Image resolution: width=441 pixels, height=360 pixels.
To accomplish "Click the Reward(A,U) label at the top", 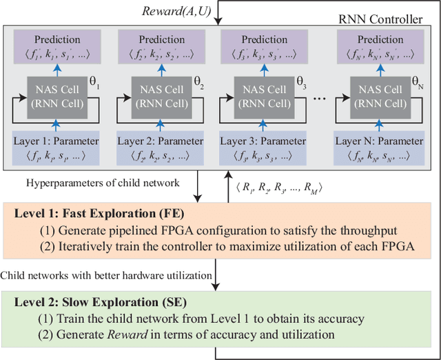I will point(175,10).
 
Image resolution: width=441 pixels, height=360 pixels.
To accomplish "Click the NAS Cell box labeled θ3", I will point(265,97).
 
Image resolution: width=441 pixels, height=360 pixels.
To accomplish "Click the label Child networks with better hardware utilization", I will point(106,275).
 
